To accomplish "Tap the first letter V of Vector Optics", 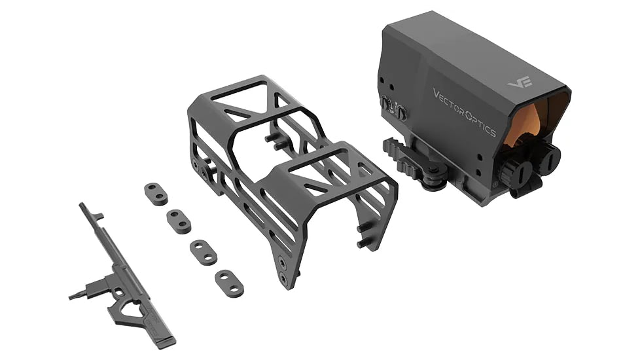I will pyautogui.click(x=436, y=92).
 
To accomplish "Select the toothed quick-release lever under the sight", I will pyautogui.click(x=400, y=158).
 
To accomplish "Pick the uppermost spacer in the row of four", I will pyautogui.click(x=155, y=194).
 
